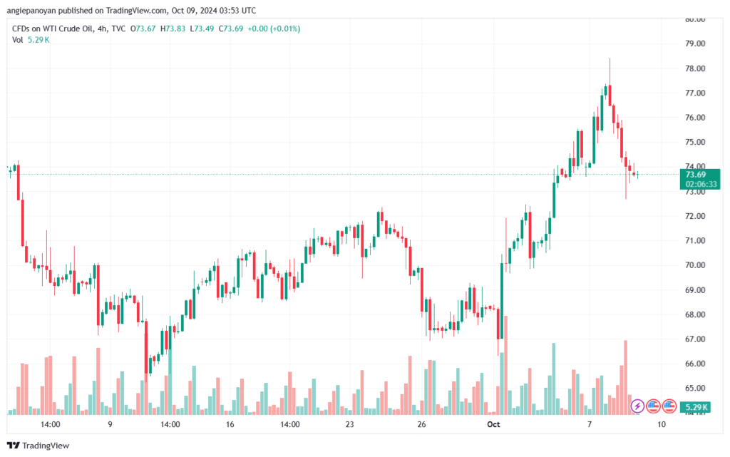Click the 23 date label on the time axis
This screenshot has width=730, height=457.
349,424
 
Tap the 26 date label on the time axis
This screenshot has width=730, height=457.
421,424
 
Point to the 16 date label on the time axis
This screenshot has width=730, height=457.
230,424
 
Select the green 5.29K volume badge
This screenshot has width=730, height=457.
695,407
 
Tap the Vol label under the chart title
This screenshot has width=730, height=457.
18,39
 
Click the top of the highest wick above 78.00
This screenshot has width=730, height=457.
610,58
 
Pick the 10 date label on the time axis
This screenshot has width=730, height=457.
662,424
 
